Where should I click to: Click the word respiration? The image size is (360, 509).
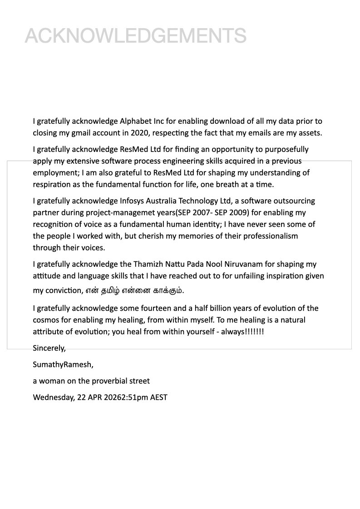tap(50, 184)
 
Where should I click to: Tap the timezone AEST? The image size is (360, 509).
tap(158, 397)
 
